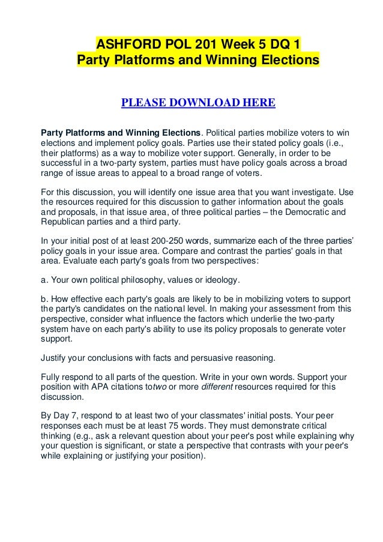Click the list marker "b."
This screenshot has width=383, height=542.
point(44,299)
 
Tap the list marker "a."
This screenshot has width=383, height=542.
point(44,280)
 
